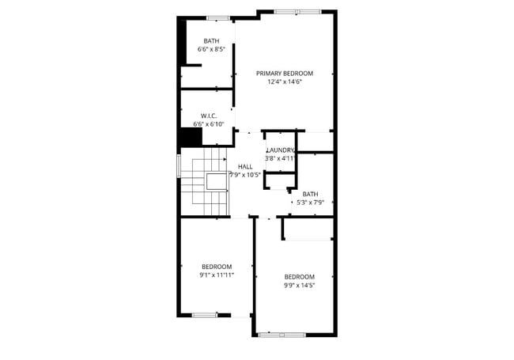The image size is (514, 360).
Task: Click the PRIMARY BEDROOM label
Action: [285, 73]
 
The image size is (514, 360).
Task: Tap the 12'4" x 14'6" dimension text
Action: [285, 81]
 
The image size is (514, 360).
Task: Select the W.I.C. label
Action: [209, 116]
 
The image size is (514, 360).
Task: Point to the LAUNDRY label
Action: [281, 150]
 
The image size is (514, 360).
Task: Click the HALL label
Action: [245, 166]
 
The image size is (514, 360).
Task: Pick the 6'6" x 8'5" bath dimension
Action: [211, 50]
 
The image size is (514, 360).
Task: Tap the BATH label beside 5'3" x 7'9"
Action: [310, 193]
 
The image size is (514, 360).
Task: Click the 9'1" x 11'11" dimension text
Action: [217, 275]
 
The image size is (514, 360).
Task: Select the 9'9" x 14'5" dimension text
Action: [300, 285]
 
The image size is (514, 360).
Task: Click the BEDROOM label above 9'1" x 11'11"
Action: [217, 266]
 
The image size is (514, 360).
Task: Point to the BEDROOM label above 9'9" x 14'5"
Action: [300, 276]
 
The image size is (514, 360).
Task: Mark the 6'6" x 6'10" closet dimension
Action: [210, 124]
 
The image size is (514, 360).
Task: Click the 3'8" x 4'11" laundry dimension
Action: [280, 158]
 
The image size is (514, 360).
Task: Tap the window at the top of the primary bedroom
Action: [298, 11]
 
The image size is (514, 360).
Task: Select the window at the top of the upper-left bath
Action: [217, 17]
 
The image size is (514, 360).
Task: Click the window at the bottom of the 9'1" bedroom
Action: [205, 315]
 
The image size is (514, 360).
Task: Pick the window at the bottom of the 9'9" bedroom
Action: [282, 335]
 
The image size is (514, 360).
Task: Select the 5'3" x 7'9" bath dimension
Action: [310, 202]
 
